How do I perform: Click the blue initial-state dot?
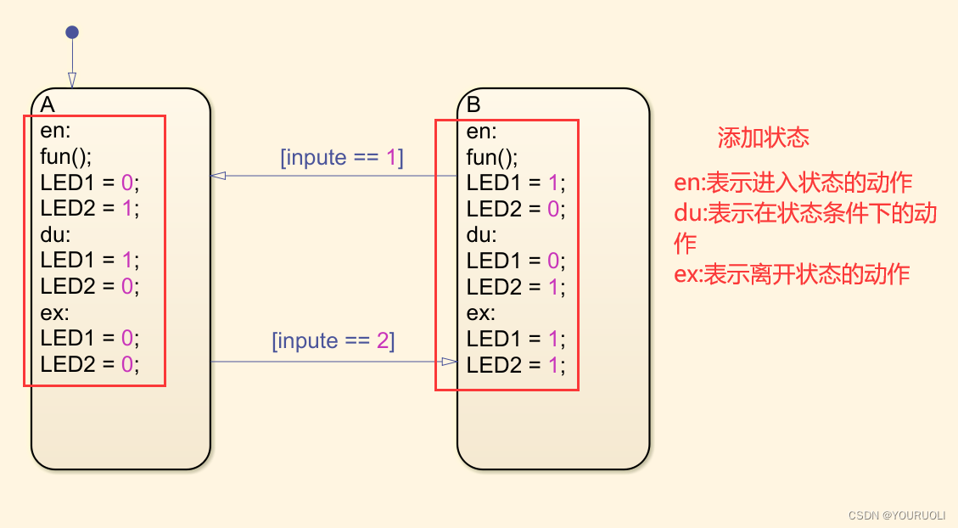tap(72, 32)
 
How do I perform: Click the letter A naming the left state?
tap(48, 104)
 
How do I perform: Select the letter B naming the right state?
tap(473, 104)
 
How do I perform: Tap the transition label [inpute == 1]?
tap(341, 158)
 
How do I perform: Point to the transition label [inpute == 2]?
tap(333, 341)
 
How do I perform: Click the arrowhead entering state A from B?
tap(218, 176)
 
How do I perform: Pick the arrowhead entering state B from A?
tap(450, 362)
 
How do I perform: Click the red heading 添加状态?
tap(763, 138)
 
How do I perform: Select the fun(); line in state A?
tap(65, 156)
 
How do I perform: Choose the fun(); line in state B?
tap(491, 157)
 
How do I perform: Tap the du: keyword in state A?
tap(54, 234)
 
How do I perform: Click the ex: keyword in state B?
tap(481, 312)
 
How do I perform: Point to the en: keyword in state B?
tap(481, 132)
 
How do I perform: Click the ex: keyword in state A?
tap(54, 312)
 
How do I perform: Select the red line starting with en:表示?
tap(793, 183)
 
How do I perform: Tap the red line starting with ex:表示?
tap(791, 274)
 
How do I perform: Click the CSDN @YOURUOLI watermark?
tap(896, 514)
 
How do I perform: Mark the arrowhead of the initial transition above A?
tap(72, 80)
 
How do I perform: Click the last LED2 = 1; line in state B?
tap(515, 365)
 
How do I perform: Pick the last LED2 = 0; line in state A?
tap(89, 363)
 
